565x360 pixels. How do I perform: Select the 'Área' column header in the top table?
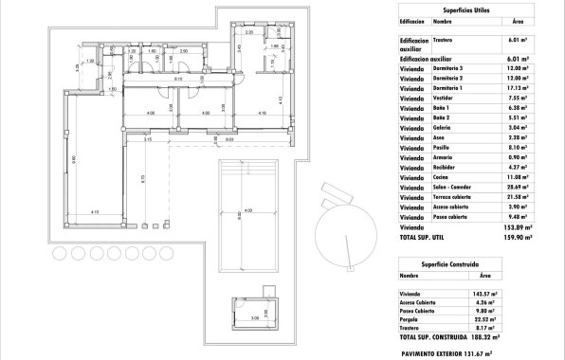pos(517,20)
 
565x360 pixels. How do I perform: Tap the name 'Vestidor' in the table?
pos(445,122)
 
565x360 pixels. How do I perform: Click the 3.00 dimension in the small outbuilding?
pos(255,319)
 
